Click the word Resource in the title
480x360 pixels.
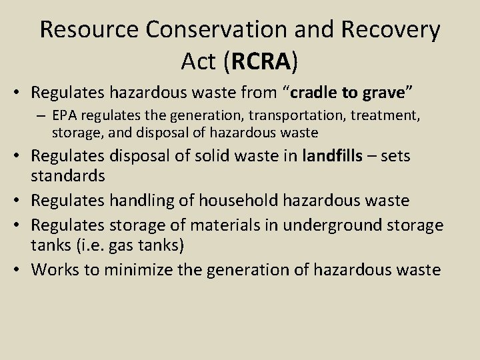tap(89, 31)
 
